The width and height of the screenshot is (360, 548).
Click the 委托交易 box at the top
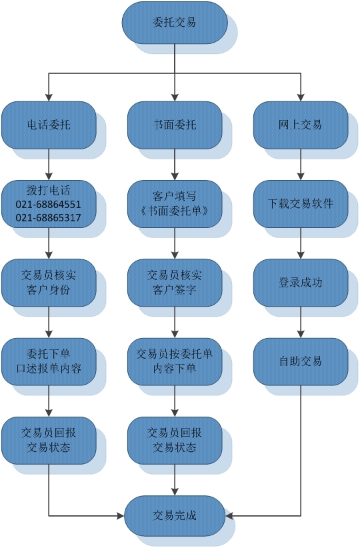coord(175,23)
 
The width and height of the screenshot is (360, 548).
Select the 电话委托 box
coord(49,125)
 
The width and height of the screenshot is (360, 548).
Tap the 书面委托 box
coord(175,125)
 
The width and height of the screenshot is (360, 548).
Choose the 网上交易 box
coord(301,125)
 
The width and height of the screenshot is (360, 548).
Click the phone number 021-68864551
coord(48,205)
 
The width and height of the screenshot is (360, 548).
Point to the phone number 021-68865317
coord(48,218)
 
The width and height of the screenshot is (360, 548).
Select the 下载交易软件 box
coord(301,204)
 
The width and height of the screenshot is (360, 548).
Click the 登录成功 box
coord(301,283)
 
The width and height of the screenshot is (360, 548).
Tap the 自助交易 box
coord(301,362)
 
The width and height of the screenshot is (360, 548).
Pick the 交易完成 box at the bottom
coord(175,515)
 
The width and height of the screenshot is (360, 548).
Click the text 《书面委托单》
coord(175,211)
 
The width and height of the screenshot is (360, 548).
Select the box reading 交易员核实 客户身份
coord(49,283)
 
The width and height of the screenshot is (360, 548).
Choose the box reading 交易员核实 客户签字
coord(175,283)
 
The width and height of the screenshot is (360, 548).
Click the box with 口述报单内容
coord(49,362)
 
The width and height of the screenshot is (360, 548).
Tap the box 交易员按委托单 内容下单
coord(175,362)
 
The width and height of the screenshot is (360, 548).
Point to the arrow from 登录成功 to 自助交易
coord(301,322)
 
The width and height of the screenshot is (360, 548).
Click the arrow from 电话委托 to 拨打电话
coord(49,165)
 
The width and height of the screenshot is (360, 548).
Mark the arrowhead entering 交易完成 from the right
coord(229,515)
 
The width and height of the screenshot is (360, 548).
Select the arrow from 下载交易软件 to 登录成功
coord(301,243)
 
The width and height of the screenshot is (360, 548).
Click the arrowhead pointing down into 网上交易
coord(301,98)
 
